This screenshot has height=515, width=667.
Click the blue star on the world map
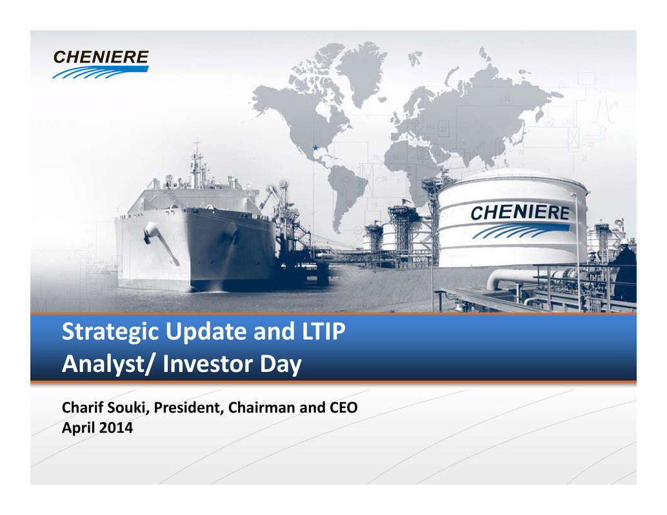315,148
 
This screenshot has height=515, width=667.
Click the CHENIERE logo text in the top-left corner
101,57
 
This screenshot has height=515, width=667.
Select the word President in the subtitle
188,407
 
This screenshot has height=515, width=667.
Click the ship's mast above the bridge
196,164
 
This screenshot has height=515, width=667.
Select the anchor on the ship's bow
150,233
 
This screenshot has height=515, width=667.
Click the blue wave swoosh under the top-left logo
101,72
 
